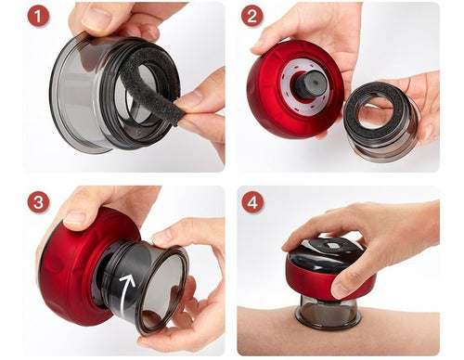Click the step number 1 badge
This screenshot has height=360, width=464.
pos(38,16)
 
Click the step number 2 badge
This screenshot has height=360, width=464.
pos(252,16)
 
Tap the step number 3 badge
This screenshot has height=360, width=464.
pos(38,202)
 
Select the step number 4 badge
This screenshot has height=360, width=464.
pos(252,202)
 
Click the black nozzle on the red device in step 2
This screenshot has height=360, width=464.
pos(308,84)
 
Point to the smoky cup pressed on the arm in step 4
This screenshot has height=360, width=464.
pos(328,310)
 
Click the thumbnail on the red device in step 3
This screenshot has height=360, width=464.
pos(73,218)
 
